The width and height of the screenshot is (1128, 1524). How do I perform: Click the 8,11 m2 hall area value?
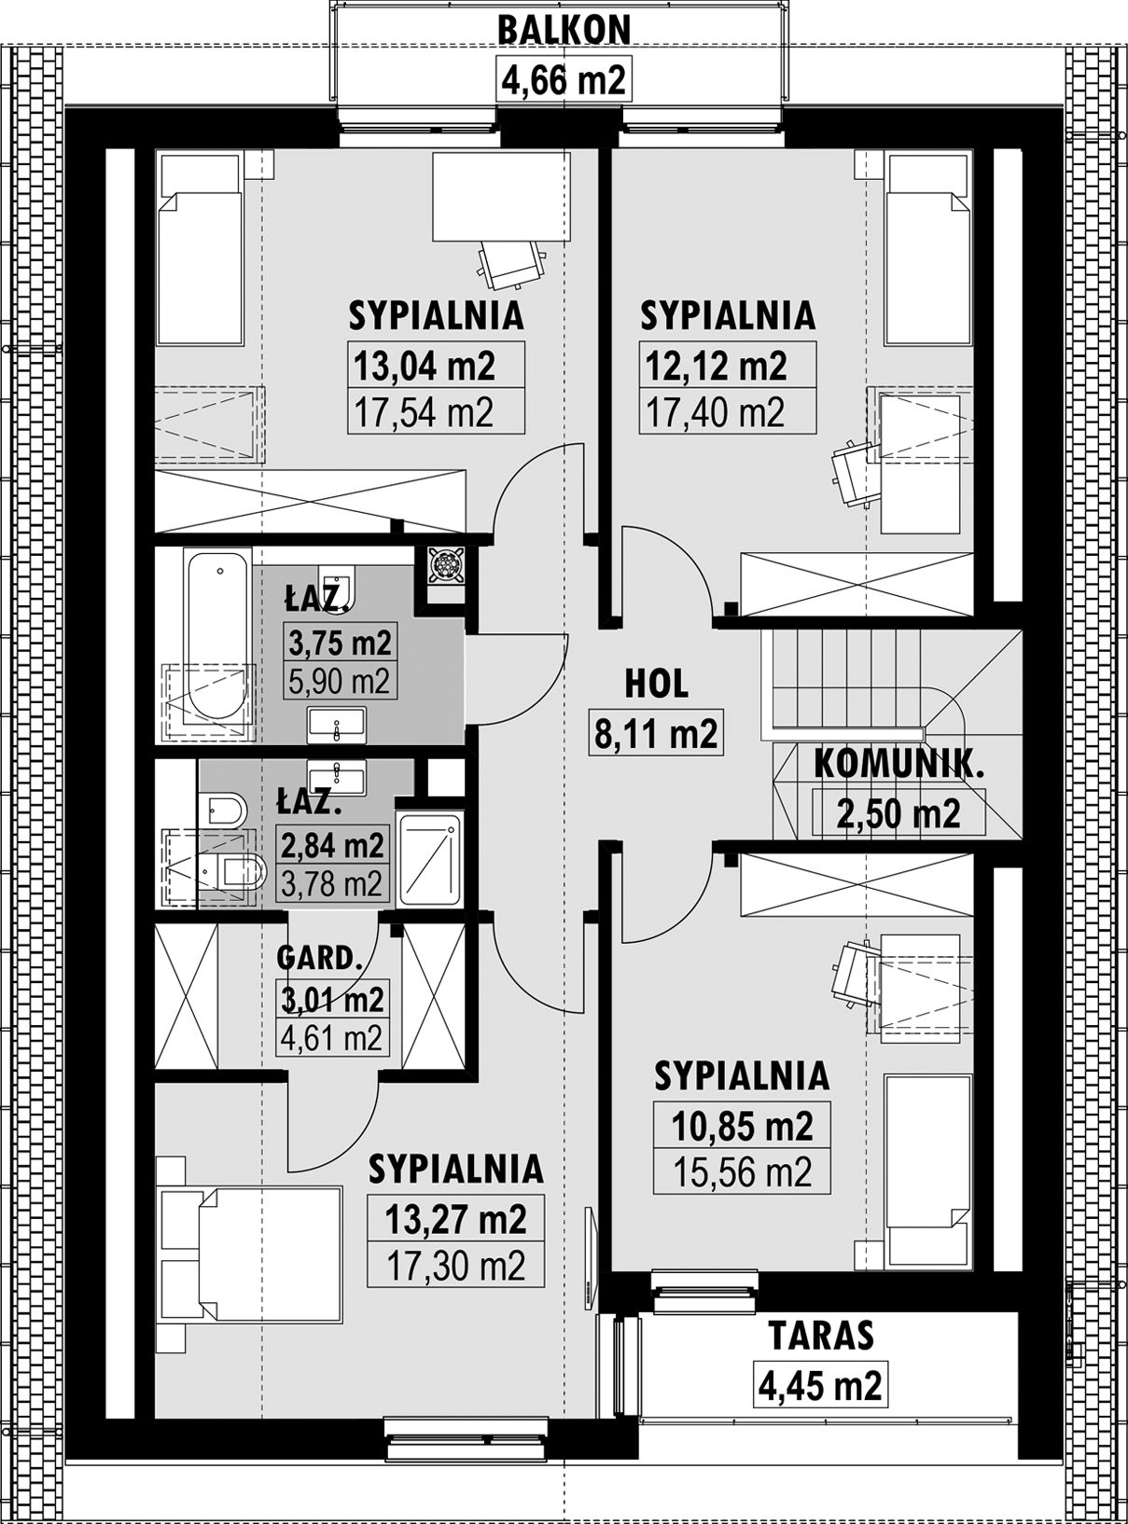point(657,733)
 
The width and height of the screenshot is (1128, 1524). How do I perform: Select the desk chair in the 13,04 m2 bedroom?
point(509,262)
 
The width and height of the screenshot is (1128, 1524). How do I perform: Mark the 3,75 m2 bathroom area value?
point(340,644)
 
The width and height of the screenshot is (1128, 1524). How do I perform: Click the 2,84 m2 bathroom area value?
point(332,844)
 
